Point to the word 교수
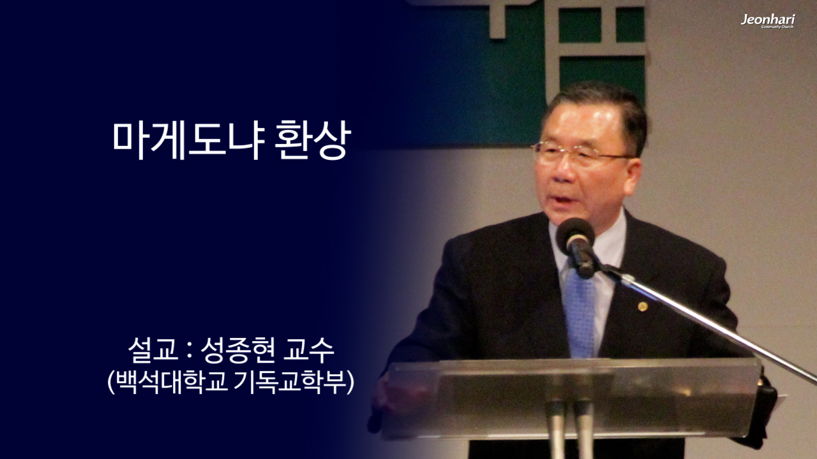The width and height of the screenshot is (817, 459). (x=313, y=351)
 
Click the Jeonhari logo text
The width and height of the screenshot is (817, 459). (x=767, y=20)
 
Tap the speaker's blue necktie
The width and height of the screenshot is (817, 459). (x=580, y=312)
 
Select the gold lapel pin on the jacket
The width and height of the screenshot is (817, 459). (x=641, y=307)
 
